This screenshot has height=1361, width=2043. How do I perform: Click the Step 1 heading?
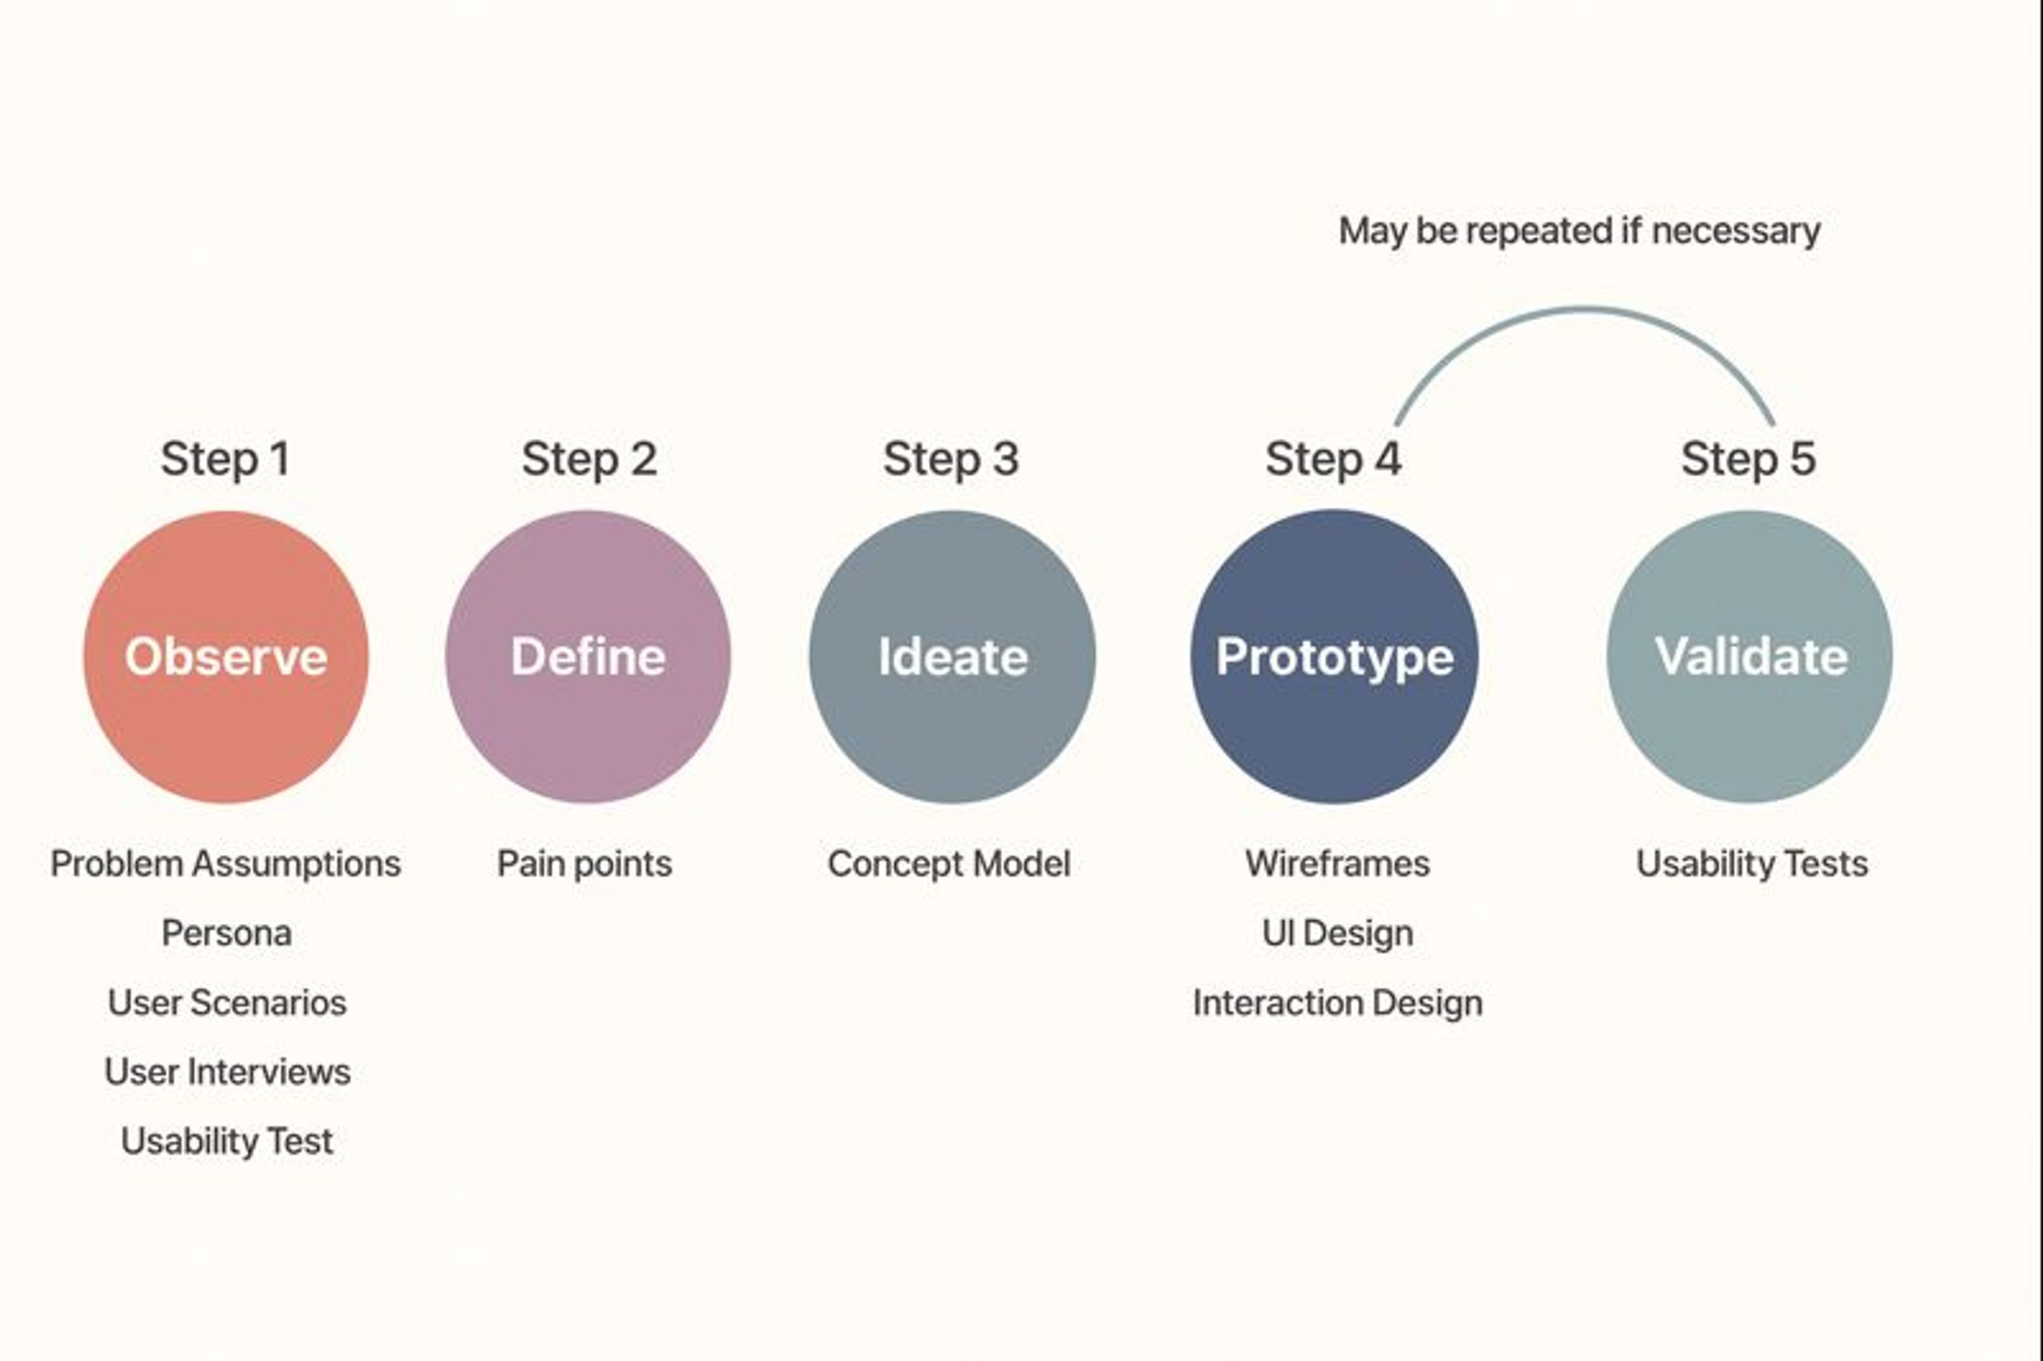coord(226,458)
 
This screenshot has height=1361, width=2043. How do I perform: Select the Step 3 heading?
coord(951,458)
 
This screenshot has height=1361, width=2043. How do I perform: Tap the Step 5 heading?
coord(1748,458)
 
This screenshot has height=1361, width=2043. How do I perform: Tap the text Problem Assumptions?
coord(226,864)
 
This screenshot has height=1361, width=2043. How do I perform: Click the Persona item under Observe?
coord(227,933)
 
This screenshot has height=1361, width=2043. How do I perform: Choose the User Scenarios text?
coord(227,1002)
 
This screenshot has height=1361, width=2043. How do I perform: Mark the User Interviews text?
coord(227,1072)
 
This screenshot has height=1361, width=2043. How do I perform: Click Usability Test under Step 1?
coord(227,1141)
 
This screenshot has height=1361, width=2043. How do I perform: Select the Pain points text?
coord(584,864)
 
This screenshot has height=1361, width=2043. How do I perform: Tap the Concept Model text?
coord(949,864)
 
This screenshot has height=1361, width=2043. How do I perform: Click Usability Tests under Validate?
coord(1751,864)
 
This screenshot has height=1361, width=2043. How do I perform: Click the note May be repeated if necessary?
coord(1579,231)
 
